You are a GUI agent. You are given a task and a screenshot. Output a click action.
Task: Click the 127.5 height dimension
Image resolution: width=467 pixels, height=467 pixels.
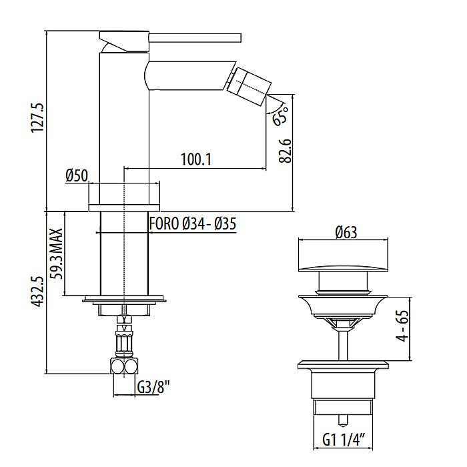click(38, 117)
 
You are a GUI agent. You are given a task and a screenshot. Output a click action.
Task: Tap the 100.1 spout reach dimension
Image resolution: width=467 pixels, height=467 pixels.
click(196, 159)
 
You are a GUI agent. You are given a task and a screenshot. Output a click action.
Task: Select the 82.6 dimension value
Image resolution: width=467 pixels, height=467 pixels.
click(285, 151)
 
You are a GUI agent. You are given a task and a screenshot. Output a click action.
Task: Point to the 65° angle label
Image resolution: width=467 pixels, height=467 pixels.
click(281, 115)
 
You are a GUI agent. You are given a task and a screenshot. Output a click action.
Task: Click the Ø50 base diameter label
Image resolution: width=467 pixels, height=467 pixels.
click(77, 175)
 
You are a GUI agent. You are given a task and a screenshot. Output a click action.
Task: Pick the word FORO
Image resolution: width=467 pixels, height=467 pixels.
click(164, 223)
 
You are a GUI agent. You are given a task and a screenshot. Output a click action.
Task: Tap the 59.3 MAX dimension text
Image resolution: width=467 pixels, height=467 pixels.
click(57, 254)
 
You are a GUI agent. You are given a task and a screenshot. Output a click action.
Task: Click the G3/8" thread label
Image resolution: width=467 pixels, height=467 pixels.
click(153, 388)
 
